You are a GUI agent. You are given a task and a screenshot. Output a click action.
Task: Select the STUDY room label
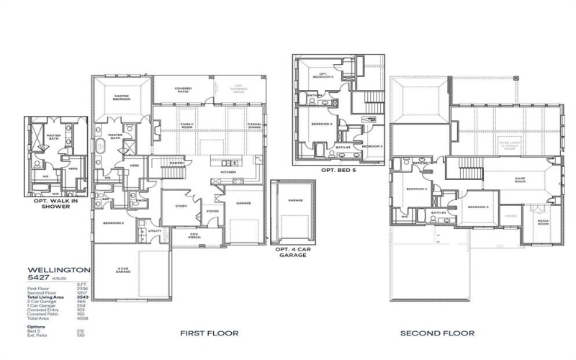(x=181, y=206)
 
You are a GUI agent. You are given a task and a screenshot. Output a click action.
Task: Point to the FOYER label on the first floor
(x=212, y=211)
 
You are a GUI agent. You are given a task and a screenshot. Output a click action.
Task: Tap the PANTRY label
(x=175, y=163)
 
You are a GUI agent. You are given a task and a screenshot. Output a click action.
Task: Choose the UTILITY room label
(x=155, y=231)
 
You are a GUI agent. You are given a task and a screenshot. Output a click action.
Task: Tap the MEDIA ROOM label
(x=544, y=223)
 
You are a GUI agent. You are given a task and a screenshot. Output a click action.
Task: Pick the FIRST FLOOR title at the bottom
(x=209, y=333)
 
